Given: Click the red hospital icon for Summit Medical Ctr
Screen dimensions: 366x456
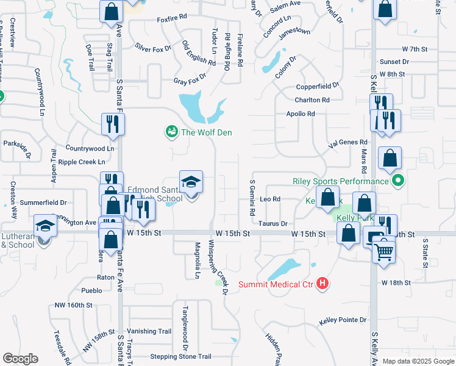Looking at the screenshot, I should [x=323, y=284].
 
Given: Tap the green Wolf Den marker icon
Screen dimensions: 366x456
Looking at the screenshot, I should [x=171, y=132].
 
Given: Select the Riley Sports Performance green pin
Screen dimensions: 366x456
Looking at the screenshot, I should [x=398, y=181].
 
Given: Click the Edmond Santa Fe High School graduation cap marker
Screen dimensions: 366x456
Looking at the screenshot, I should [x=191, y=183].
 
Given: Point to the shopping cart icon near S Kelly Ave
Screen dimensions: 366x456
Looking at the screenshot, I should [x=384, y=250].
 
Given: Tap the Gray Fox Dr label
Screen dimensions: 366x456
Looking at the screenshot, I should [x=190, y=81].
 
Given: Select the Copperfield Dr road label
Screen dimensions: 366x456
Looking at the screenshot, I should [x=317, y=87].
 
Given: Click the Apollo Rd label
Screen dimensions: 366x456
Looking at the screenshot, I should [x=301, y=114].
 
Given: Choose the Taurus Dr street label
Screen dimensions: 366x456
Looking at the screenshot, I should [x=273, y=224].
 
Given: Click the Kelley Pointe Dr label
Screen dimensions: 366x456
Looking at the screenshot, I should [x=343, y=320].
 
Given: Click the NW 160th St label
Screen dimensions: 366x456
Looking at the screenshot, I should [x=73, y=305].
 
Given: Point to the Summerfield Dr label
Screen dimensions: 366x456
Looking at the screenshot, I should [x=43, y=202].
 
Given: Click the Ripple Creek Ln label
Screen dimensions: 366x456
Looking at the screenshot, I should [x=82, y=162].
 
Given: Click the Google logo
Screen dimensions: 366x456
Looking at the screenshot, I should [x=20, y=359].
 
